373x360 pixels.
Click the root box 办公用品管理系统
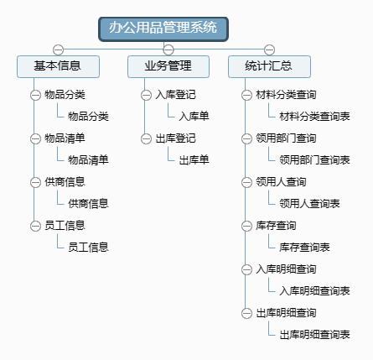pyautogui.click(x=163, y=29)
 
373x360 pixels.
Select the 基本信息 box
pyautogui.click(x=58, y=66)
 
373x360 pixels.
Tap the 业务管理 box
pyautogui.click(x=168, y=66)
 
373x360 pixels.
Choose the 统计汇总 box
pyautogui.click(x=269, y=66)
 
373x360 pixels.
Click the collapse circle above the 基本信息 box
pyautogui.click(x=58, y=50)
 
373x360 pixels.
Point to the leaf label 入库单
pyautogui.click(x=194, y=116)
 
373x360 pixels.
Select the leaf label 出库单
pyautogui.click(x=194, y=159)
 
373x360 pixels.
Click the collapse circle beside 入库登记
pyautogui.click(x=146, y=95)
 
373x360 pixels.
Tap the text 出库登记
pyautogui.click(x=176, y=138)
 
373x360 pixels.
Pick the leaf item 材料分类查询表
pyautogui.click(x=314, y=116)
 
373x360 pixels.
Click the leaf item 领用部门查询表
pyautogui.click(x=314, y=159)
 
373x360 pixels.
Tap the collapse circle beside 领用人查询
pyautogui.click(x=246, y=182)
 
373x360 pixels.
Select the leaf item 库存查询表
pyautogui.click(x=304, y=247)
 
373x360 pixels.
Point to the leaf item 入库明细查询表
pyautogui.click(x=314, y=290)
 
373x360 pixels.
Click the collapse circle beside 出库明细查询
pyautogui.click(x=246, y=313)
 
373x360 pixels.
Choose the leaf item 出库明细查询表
pyautogui.click(x=314, y=334)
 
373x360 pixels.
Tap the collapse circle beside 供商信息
pyautogui.click(x=35, y=182)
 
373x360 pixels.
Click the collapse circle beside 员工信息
pyautogui.click(x=35, y=226)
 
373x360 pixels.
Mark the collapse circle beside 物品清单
pyautogui.click(x=35, y=138)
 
